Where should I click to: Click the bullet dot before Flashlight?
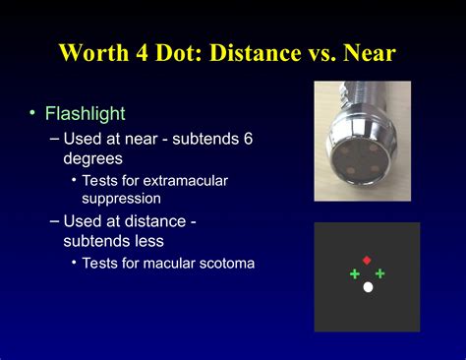pos(32,115)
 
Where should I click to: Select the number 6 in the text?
pos(248,139)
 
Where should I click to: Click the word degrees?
pos(93,157)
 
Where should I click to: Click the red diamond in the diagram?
pos(367,261)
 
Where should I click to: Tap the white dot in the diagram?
pos(368,287)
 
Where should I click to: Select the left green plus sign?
pos(355,273)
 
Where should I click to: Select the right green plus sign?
pos(379,273)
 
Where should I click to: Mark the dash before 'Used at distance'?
pos(54,220)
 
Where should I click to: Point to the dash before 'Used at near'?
pos(54,139)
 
